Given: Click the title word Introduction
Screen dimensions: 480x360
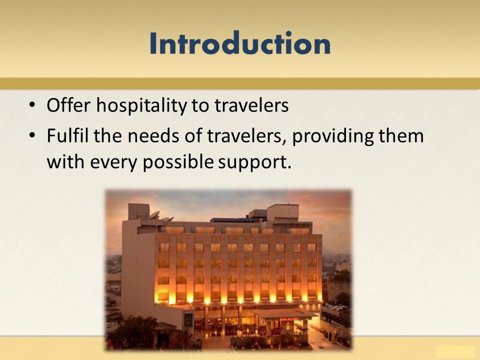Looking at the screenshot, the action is tap(240, 43).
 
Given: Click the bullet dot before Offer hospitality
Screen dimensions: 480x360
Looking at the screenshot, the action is tap(32, 105).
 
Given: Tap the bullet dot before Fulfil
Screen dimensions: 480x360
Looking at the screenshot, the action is tap(32, 135).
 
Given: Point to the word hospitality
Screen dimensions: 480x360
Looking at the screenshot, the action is tap(141, 106).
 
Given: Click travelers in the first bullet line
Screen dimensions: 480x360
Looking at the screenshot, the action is tap(251, 105).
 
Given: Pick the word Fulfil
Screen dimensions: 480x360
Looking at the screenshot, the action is tap(67, 135).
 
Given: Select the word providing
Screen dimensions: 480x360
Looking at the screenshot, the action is tap(333, 136).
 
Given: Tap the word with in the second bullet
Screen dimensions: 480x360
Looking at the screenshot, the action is tap(65, 161).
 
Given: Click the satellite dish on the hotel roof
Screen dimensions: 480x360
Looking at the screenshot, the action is tap(154, 215).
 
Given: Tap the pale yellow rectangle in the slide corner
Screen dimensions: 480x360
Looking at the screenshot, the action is tap(455, 353).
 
